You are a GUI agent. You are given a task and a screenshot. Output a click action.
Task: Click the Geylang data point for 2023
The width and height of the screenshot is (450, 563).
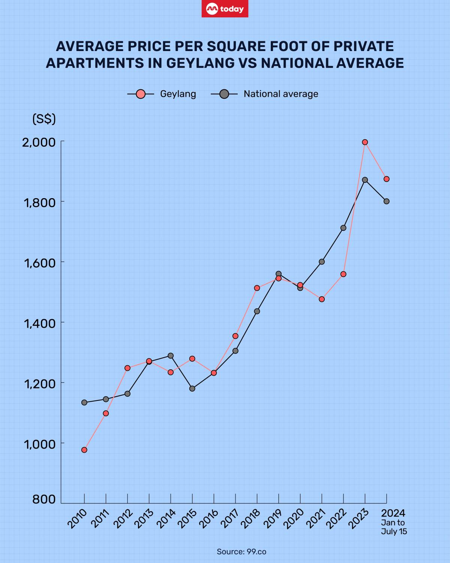365,142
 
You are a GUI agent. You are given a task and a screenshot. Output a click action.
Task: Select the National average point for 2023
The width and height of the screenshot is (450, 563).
365,180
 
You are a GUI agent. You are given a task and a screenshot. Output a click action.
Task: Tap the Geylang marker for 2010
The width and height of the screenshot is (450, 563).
84,450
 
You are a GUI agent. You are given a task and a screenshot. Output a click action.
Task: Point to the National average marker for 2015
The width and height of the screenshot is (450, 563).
192,388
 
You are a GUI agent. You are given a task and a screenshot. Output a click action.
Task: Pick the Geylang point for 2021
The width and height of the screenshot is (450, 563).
322,299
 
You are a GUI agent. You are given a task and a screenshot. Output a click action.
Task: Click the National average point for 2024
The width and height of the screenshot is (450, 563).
387,201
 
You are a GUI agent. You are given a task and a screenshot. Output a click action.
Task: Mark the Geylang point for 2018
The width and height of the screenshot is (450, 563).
257,288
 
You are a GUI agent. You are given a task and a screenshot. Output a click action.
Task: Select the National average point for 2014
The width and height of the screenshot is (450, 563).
171,355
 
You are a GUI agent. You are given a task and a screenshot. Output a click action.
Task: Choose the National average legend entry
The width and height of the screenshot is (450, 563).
265,94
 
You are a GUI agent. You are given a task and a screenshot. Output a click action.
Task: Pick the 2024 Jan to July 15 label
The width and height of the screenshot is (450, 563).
393,522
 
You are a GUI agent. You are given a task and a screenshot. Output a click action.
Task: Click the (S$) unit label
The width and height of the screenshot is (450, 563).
44,119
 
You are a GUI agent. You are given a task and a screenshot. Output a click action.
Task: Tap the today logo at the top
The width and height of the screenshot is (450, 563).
225,9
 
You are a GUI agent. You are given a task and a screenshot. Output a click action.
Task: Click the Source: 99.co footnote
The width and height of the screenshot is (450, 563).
241,551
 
